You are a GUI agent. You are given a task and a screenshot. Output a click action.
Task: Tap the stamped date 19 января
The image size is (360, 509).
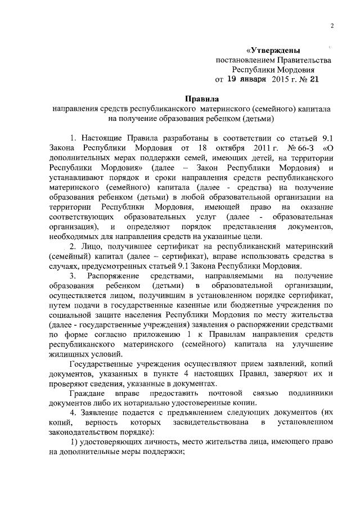pos(247,79)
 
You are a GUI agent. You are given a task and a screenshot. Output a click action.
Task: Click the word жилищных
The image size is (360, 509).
pos(68,354)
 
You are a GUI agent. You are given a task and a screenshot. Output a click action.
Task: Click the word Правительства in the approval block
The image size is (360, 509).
pos(303,60)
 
